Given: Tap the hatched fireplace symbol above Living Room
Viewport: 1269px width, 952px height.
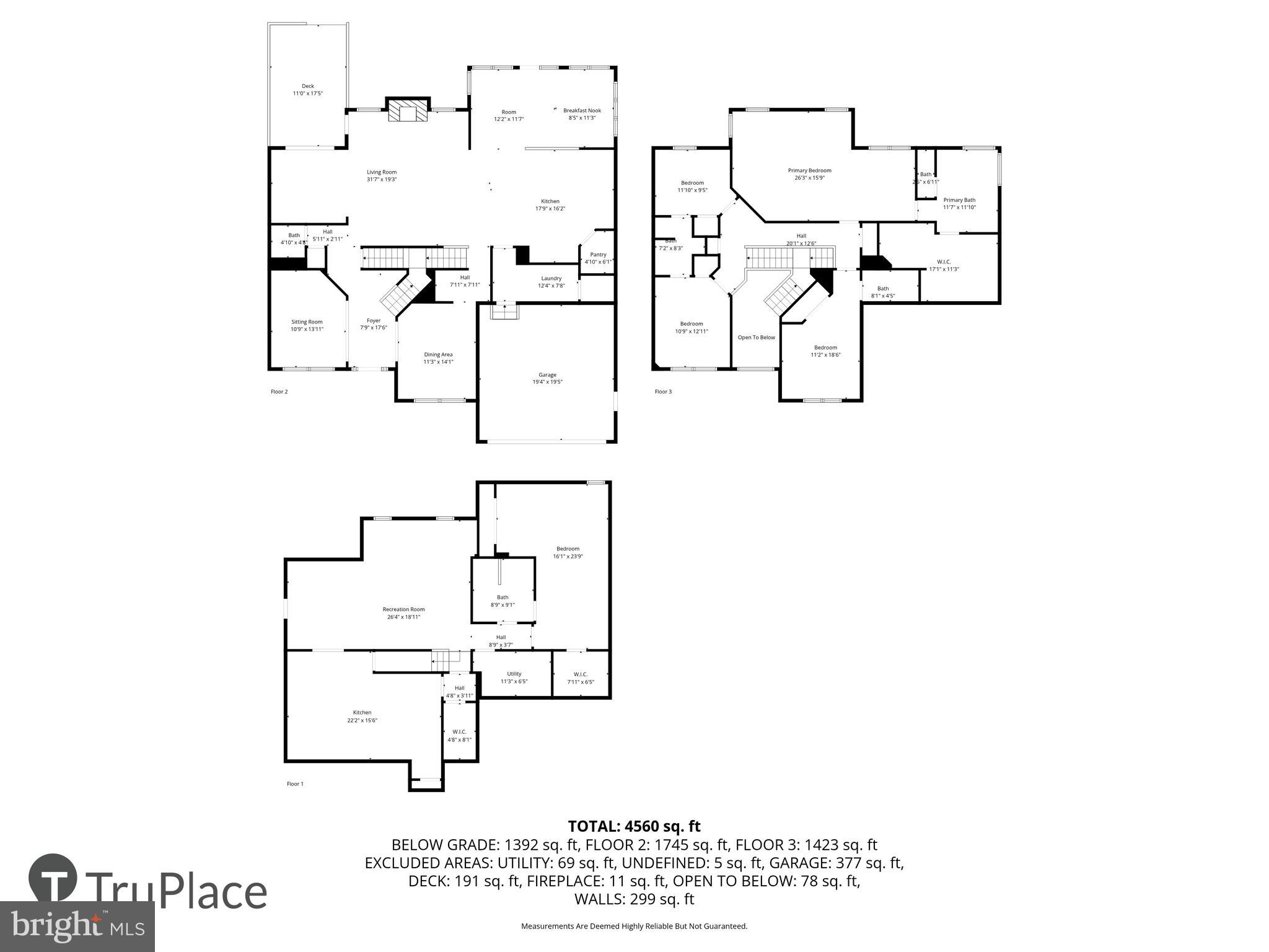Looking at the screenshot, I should click(408, 111).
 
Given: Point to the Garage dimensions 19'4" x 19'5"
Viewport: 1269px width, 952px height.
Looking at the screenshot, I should click(547, 382).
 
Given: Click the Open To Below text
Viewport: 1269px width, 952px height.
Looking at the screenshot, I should click(756, 338).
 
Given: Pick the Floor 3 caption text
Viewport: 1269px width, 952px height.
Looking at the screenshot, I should click(663, 392).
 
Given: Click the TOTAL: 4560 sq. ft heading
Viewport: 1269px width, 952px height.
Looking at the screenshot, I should click(634, 826).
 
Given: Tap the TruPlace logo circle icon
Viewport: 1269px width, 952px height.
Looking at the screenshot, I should click(53, 878).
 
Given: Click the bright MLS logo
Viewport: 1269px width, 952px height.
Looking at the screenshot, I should click(77, 926).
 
